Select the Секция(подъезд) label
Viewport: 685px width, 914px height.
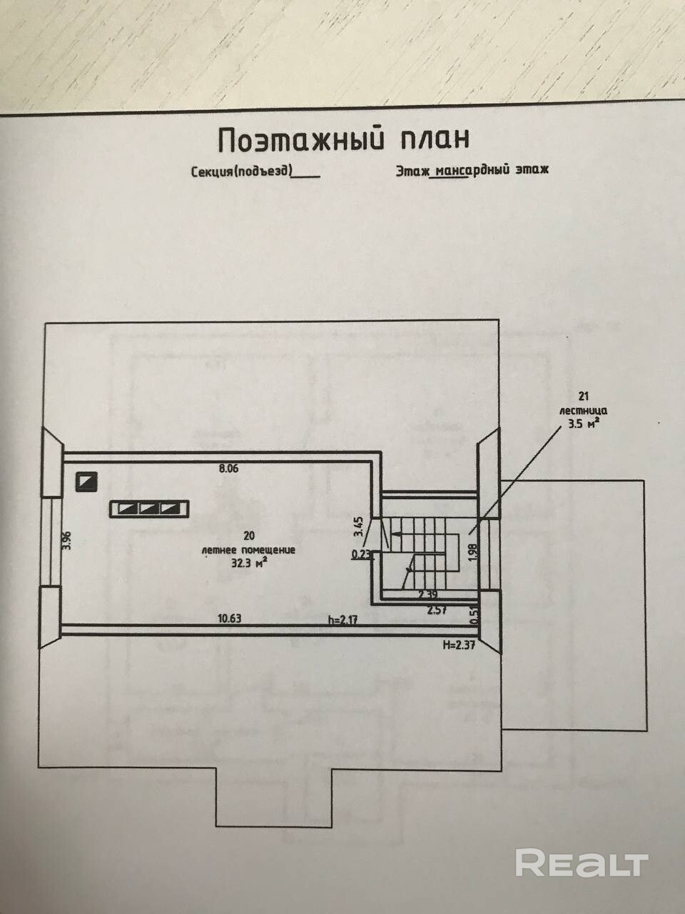[240, 172]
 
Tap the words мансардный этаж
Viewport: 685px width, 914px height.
[492, 171]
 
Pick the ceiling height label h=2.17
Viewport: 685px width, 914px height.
[342, 619]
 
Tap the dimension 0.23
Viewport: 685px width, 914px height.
[360, 553]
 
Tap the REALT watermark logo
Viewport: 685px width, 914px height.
[582, 863]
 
